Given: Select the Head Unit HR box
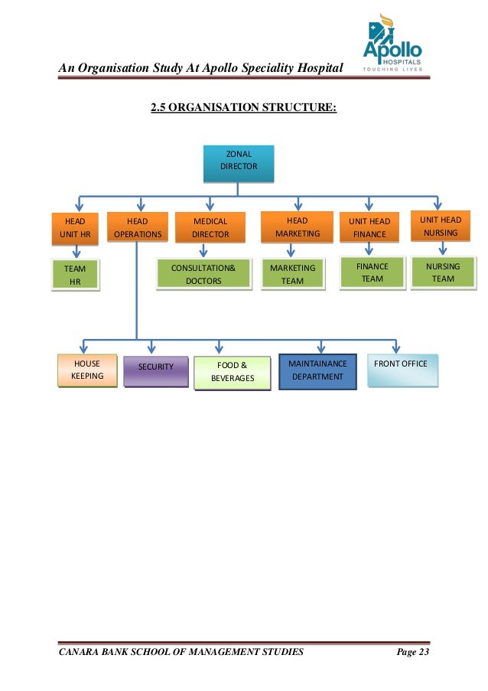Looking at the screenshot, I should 76,228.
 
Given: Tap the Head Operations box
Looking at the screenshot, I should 138,228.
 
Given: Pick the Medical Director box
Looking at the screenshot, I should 210,228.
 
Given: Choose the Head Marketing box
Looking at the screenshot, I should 298,227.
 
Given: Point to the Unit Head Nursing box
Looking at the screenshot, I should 441,227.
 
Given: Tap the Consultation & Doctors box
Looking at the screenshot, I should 204,275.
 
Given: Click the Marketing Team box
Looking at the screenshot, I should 293,275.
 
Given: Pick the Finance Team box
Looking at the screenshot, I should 373,272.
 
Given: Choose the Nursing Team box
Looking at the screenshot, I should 443,272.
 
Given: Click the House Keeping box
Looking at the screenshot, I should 87,370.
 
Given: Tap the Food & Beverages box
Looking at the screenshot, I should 233,372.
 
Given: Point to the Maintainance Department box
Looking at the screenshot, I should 317,370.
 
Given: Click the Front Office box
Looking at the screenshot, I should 402,369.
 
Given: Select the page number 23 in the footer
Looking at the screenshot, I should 423,652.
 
